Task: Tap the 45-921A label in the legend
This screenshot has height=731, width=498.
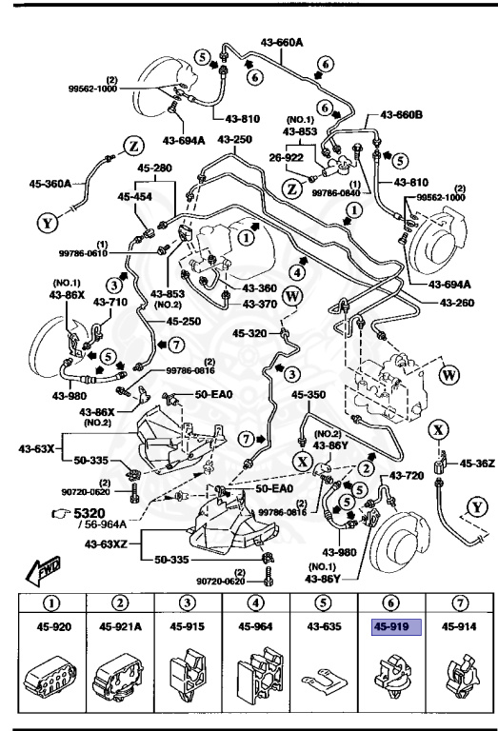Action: (x=120, y=626)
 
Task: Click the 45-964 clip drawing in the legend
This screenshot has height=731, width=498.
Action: (x=254, y=677)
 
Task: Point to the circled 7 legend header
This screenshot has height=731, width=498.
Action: (x=458, y=603)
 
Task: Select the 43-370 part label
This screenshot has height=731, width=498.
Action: (x=258, y=304)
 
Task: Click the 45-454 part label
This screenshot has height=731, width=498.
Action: (x=136, y=197)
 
